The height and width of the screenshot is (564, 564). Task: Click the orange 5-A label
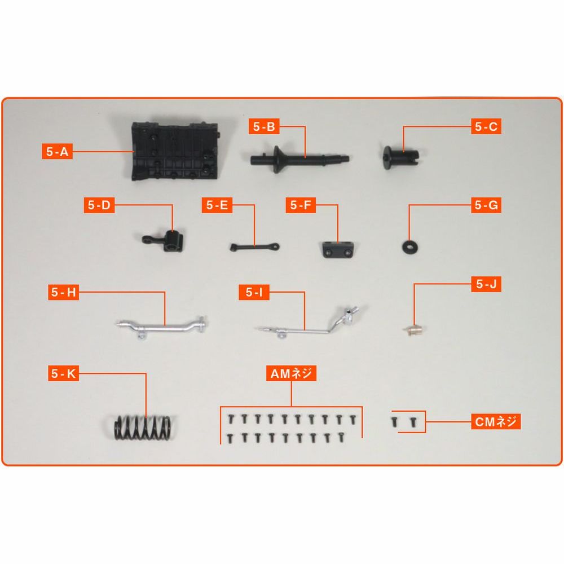[x=57, y=151]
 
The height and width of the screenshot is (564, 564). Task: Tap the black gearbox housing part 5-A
[x=175, y=151]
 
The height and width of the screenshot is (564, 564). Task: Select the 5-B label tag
[x=264, y=126]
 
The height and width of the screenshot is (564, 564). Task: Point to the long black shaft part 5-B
[x=299, y=158]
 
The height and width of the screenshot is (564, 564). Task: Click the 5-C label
[x=486, y=126]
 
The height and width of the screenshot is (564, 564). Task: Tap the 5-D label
[x=99, y=205]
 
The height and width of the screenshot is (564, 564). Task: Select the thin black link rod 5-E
[x=255, y=247]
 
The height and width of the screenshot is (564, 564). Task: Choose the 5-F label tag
[x=301, y=205]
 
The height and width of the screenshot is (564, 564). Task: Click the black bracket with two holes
[x=337, y=250]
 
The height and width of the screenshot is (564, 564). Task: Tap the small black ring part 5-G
[x=409, y=246]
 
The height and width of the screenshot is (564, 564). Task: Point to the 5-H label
[x=64, y=292]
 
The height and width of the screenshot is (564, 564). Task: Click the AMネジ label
[x=292, y=373]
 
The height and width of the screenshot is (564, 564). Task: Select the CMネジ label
[x=496, y=421]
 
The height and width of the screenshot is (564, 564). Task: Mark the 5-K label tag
[x=64, y=373]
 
